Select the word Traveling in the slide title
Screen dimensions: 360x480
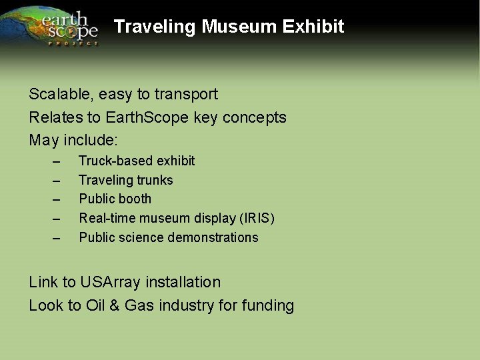point(155,27)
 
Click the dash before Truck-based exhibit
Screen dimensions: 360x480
point(57,161)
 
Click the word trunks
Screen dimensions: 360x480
point(155,180)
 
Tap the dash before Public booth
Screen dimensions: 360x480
point(57,199)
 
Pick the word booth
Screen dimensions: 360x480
point(136,199)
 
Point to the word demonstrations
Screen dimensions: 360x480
point(215,237)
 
